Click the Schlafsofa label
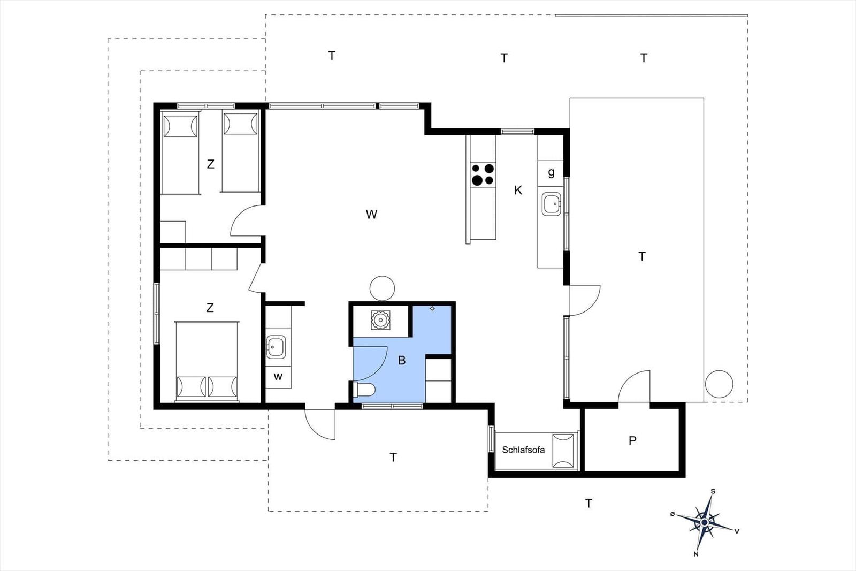click(x=523, y=450)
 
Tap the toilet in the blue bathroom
click(x=365, y=390)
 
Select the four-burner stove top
click(x=483, y=174)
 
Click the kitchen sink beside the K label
click(x=552, y=204)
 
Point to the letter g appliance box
click(x=551, y=173)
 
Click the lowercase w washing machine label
click(x=278, y=377)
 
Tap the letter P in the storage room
click(x=632, y=440)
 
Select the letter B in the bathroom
click(x=402, y=360)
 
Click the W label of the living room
click(x=371, y=215)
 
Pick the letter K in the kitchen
click(x=518, y=190)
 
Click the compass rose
click(x=704, y=522)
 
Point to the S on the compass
click(x=713, y=491)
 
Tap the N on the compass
click(x=696, y=554)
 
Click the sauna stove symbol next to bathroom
click(x=380, y=320)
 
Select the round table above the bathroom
click(x=382, y=288)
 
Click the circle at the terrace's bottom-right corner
click(x=719, y=384)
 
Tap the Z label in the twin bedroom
click(x=210, y=164)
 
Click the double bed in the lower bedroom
click(x=207, y=362)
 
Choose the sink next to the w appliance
click(x=276, y=347)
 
